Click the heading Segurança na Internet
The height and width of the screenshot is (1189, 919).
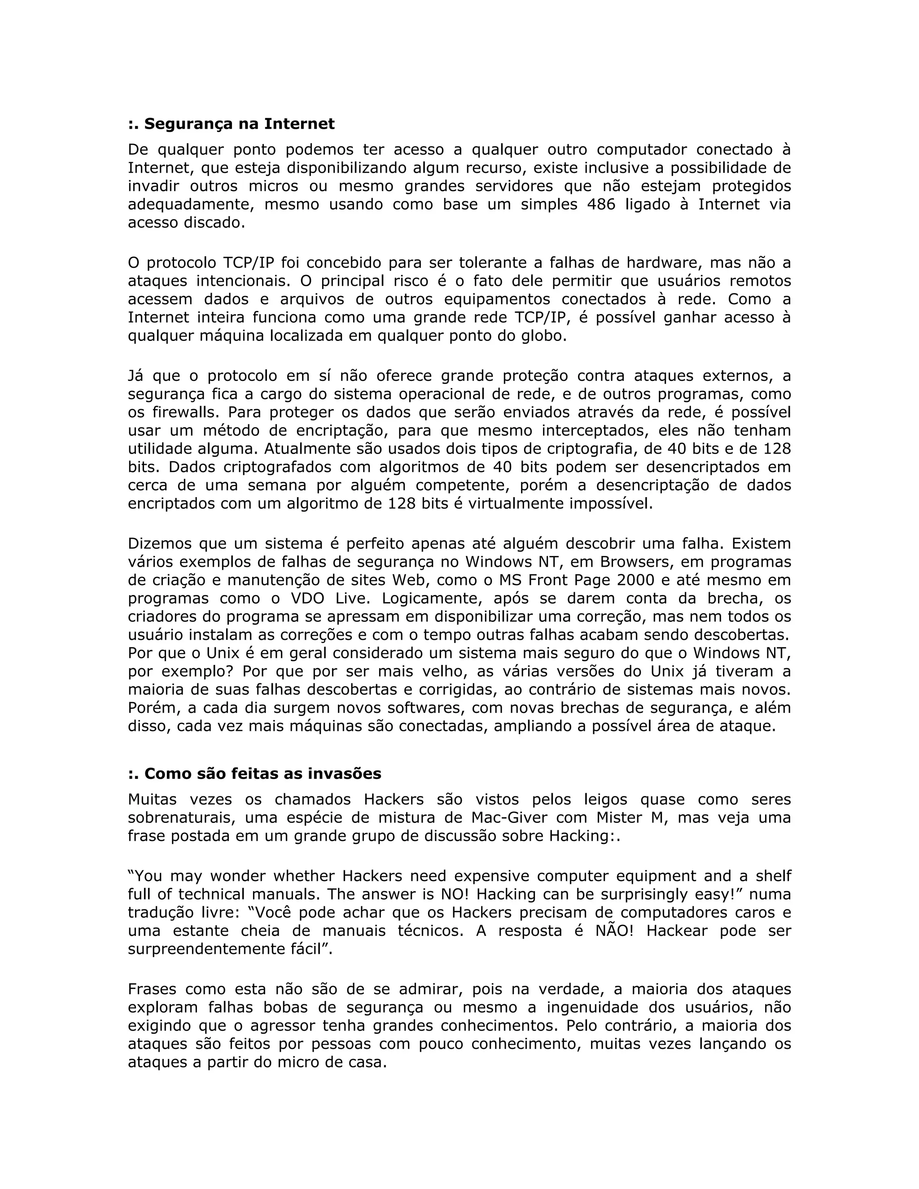[x=232, y=124]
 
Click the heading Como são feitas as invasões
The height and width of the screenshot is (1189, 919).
[x=255, y=774]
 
